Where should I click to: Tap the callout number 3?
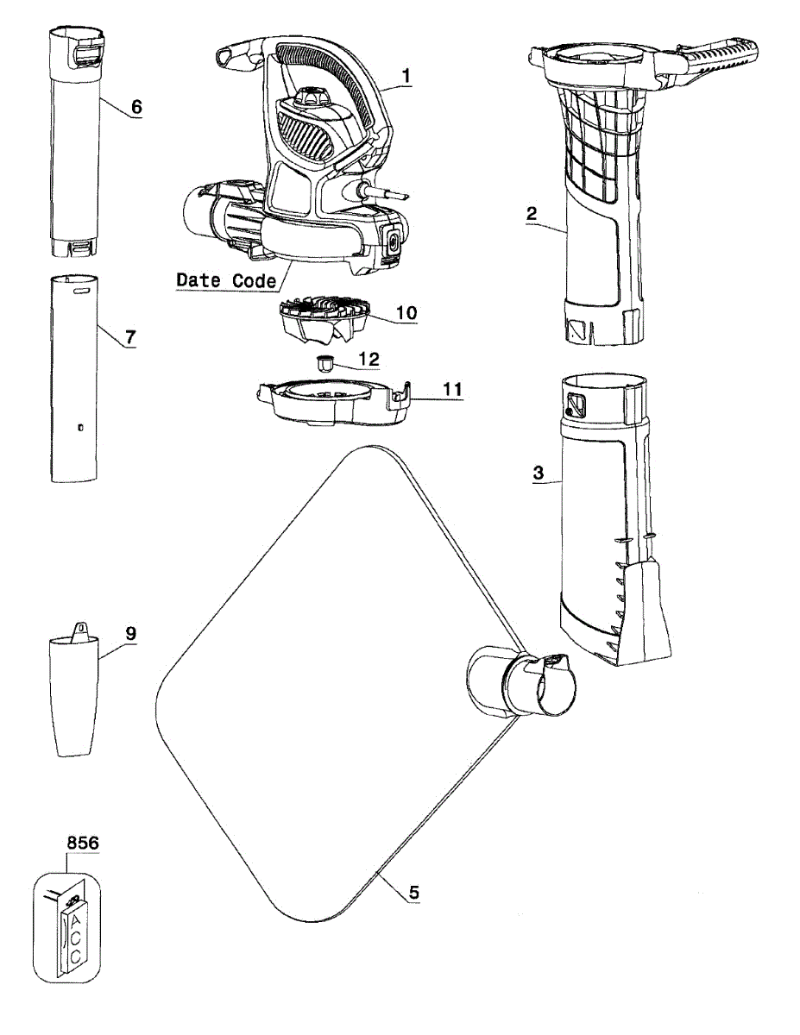(x=538, y=473)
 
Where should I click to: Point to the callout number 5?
(x=414, y=893)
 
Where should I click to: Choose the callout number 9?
(x=130, y=632)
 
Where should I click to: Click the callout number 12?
(x=368, y=356)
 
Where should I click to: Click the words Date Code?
(x=226, y=280)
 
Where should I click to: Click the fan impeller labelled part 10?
(x=324, y=320)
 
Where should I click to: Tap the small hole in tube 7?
(x=80, y=427)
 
